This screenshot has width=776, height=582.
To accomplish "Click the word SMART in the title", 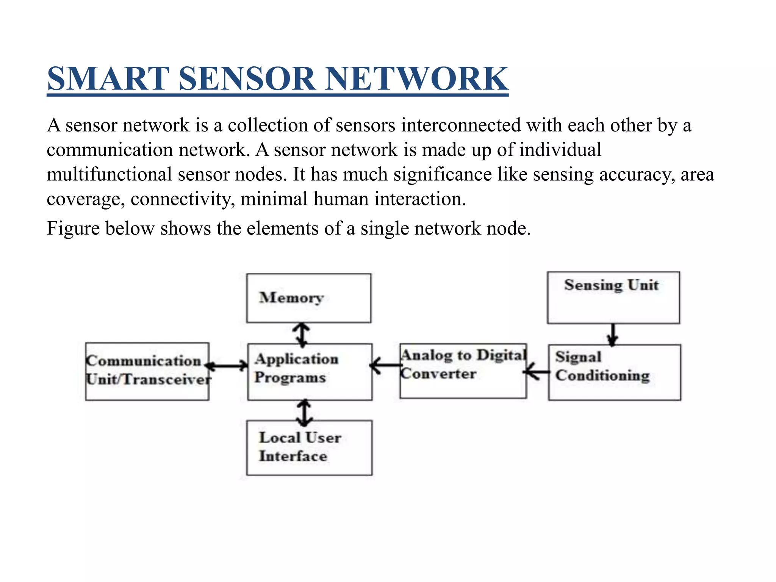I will coord(108,79).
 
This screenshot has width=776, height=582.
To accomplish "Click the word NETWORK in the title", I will coord(416,79).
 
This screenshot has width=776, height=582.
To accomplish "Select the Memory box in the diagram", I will coord(308,298).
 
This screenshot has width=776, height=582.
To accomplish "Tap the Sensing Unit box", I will coord(613,298).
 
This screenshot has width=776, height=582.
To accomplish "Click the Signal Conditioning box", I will coord(614,372).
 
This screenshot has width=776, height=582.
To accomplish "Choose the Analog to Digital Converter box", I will coord(463,371).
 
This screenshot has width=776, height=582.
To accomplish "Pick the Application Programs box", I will coord(310,372).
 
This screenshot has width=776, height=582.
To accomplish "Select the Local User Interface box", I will coord(309,447).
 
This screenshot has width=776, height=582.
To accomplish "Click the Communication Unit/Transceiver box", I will coord(147,371).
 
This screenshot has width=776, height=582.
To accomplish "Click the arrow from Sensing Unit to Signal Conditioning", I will coord(613,334).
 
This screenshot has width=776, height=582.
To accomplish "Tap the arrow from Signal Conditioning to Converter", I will coord(537,372).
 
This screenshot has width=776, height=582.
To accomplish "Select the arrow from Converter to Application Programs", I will coord(386,365).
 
